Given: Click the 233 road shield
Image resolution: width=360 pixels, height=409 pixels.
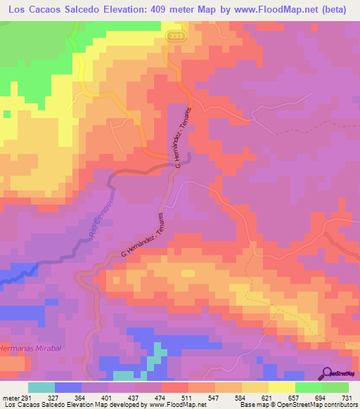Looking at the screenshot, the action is click(174, 36).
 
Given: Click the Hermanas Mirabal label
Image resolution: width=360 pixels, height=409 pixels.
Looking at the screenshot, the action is click(26, 348).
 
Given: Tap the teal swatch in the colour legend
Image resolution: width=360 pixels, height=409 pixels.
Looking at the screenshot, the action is click(41, 387).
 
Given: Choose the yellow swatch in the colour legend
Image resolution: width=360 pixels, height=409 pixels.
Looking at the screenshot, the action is click(281, 387).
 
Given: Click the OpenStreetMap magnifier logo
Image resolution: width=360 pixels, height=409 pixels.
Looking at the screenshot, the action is click(328, 372).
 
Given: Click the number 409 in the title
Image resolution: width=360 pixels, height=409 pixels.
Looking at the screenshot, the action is click(157, 9).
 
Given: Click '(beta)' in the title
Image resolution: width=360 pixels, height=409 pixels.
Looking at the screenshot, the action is click(336, 9).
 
